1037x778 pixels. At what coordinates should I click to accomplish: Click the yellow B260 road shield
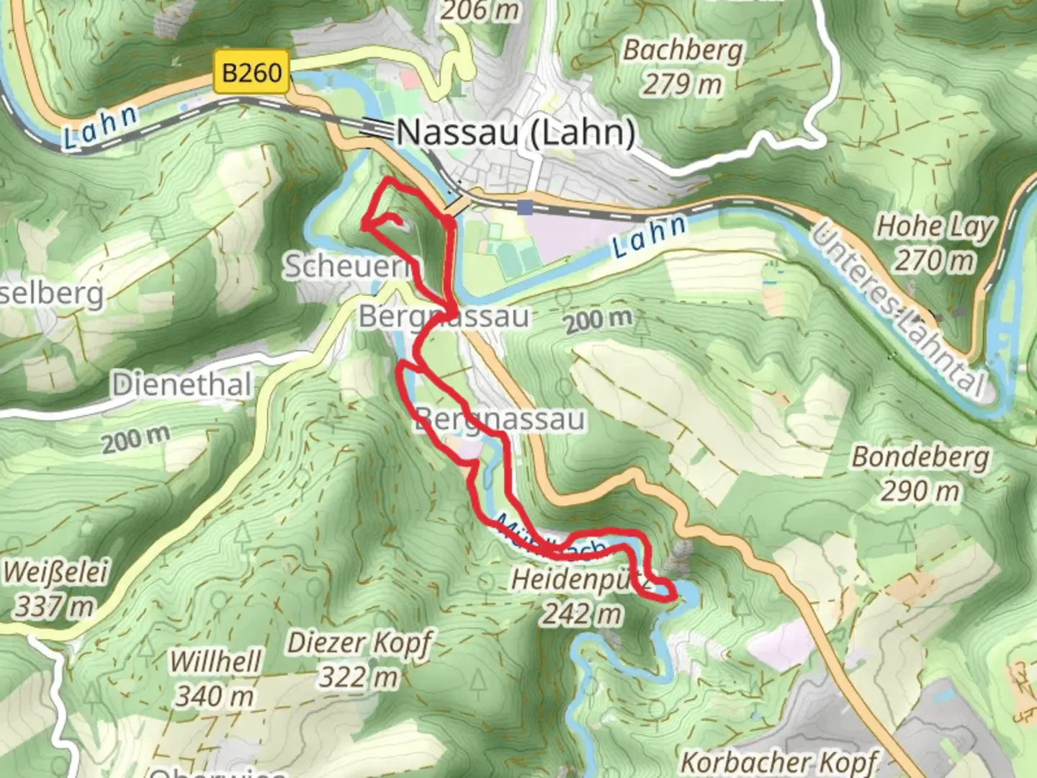(251, 72)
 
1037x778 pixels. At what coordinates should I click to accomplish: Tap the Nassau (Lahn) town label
(516, 133)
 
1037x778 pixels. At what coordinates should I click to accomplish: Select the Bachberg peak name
(682, 50)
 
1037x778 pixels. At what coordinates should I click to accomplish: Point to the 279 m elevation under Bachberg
(682, 84)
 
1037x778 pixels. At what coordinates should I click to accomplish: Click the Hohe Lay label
(934, 227)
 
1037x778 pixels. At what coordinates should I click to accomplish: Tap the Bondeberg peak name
(920, 457)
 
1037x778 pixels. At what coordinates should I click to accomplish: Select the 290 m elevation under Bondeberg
(920, 491)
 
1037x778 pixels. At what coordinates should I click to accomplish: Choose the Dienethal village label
(182, 385)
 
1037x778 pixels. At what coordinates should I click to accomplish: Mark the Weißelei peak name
(55, 573)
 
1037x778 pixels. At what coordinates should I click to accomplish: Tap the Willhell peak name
(215, 661)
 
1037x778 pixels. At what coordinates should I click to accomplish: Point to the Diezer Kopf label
(359, 643)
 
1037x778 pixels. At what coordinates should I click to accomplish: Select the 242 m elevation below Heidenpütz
(581, 614)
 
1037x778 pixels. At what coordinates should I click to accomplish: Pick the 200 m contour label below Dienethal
(135, 439)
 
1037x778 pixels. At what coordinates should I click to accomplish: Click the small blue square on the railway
(526, 207)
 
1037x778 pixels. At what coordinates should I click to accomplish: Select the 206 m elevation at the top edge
(480, 10)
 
